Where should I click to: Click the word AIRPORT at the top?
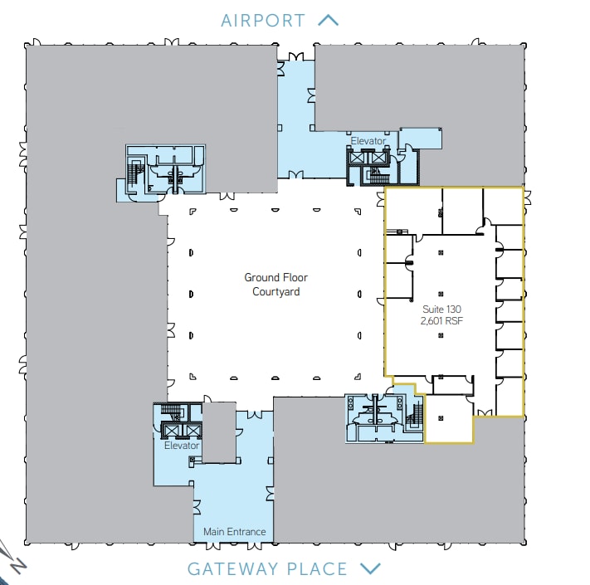(263, 20)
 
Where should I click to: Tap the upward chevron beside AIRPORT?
(329, 20)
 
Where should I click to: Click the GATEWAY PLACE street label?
(267, 569)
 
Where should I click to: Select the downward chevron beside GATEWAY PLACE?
(370, 569)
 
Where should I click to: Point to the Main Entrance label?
(235, 532)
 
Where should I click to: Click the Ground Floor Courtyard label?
(271, 285)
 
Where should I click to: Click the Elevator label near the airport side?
(368, 141)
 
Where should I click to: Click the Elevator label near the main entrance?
(182, 446)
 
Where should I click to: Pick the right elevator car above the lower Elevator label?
(193, 430)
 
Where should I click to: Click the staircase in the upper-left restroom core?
(134, 173)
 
